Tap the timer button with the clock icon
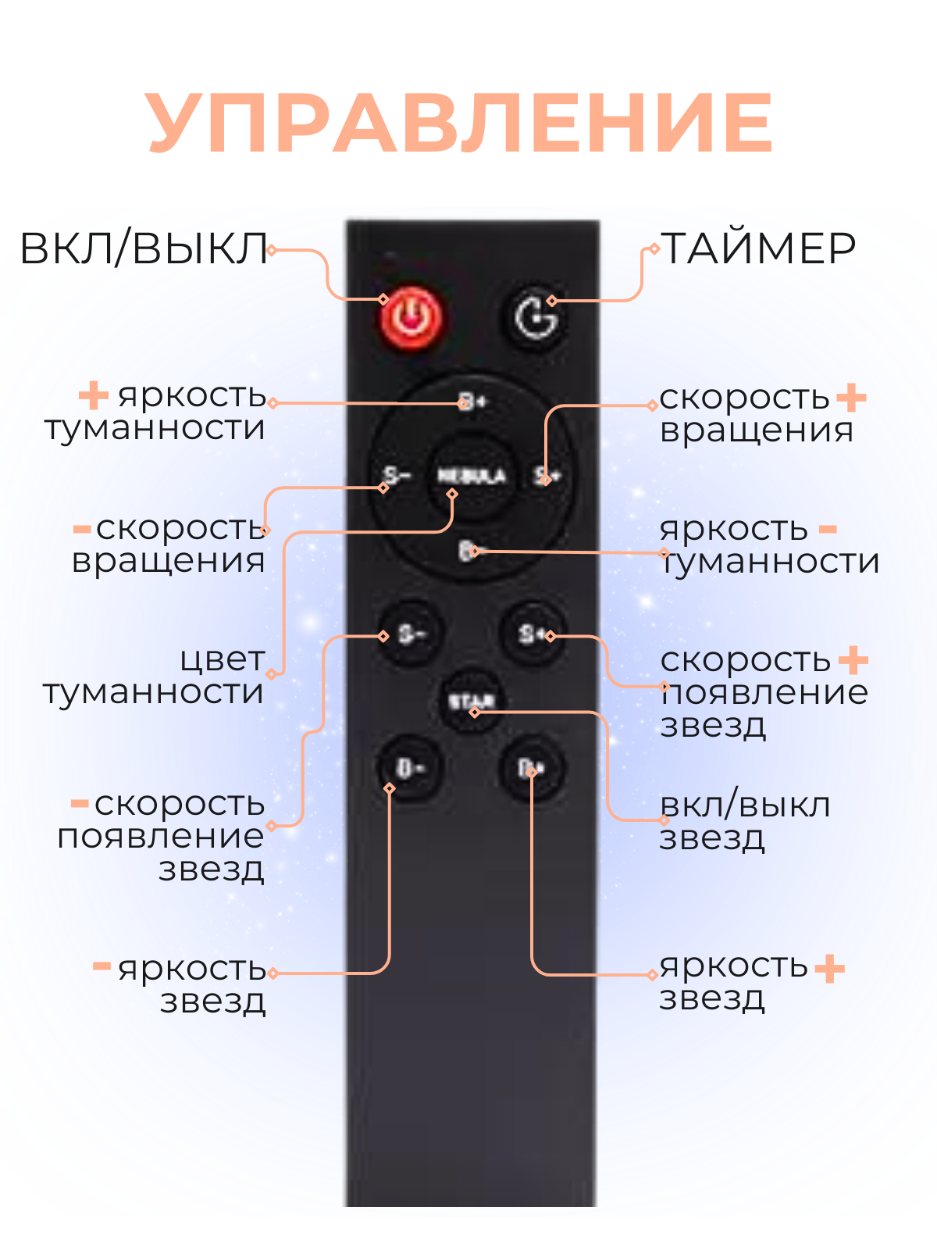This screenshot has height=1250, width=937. coord(535,316)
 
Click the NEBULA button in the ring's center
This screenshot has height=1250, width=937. coord(471,476)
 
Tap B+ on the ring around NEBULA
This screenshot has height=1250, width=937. coord(472,402)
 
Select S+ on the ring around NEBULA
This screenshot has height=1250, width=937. coord(546,475)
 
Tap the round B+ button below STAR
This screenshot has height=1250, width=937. coord(532,769)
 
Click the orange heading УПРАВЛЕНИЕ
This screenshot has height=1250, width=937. coord(461,123)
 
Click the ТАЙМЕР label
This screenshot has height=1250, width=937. coord(758,248)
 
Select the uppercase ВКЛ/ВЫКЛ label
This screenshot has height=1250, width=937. coord(144,248)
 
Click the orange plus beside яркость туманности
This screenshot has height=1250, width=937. coord(94,395)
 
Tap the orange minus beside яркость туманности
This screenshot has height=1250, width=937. coord(828,530)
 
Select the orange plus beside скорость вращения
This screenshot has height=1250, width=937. coord(851,397)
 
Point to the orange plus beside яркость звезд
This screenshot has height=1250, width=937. coord(829,969)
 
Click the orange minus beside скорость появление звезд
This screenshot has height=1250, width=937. coord(80,803)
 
